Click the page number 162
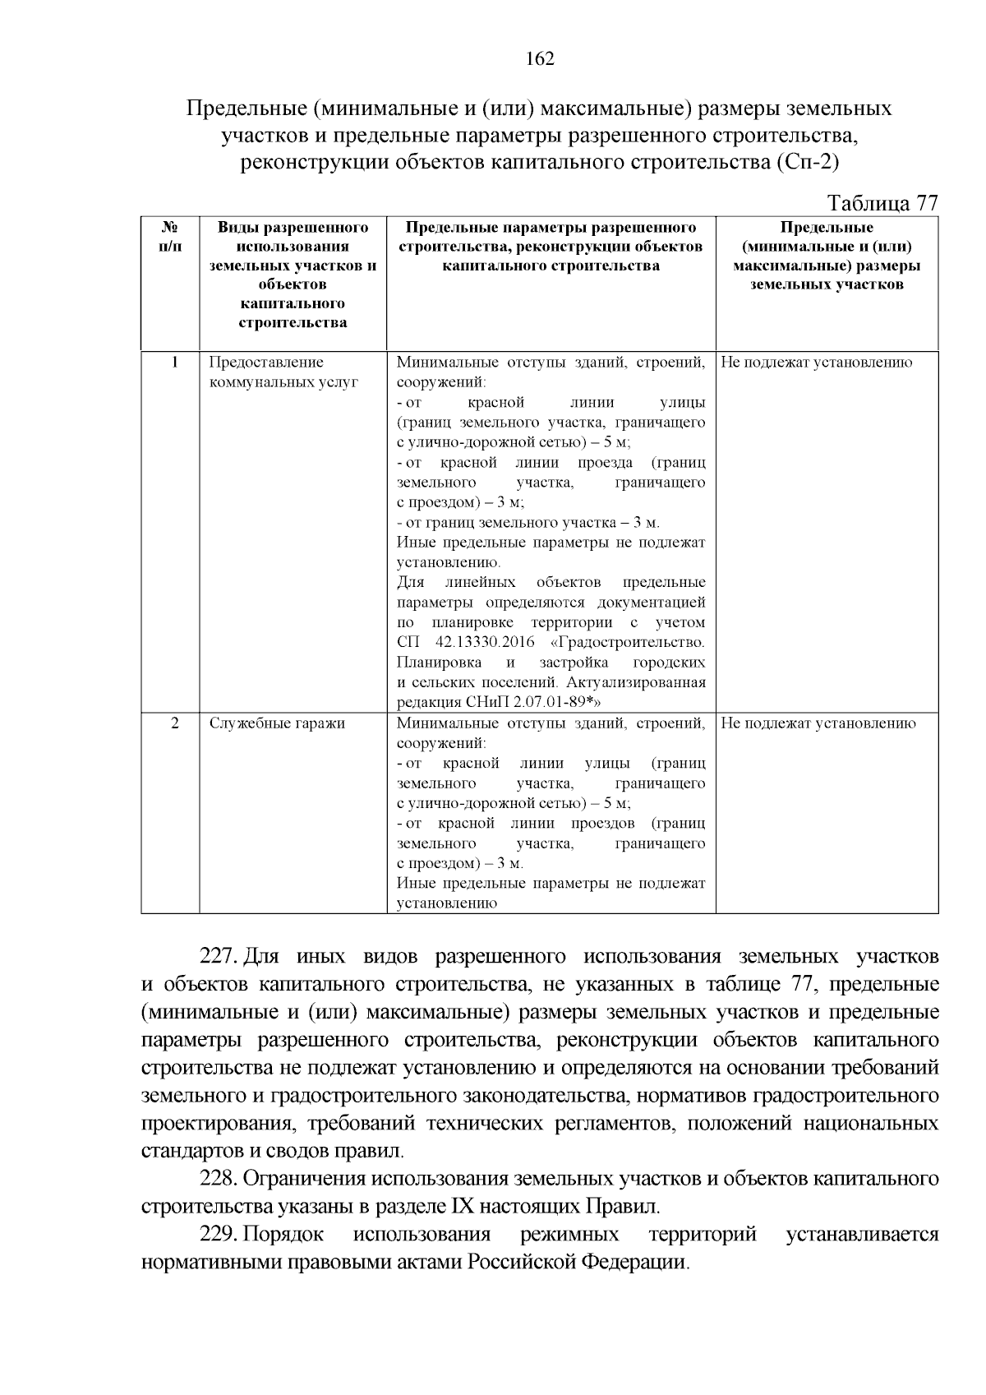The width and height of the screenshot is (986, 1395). pos(540,59)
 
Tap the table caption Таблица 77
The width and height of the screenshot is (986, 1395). pos(882,203)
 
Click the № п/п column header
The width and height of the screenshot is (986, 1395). pos(170,236)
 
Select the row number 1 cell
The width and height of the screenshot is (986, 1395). pos(174,363)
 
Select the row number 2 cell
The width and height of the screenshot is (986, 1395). pos(174,723)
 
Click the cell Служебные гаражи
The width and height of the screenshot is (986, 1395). pos(277,723)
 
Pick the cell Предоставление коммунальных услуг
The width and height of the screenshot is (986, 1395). pos(283,372)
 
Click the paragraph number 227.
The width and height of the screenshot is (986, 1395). pos(219,957)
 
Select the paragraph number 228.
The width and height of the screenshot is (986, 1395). pos(219,1179)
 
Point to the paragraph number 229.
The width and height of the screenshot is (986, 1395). pos(219,1235)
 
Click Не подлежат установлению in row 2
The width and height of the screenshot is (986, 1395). pos(818,723)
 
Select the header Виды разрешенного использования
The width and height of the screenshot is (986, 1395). pos(293,237)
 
